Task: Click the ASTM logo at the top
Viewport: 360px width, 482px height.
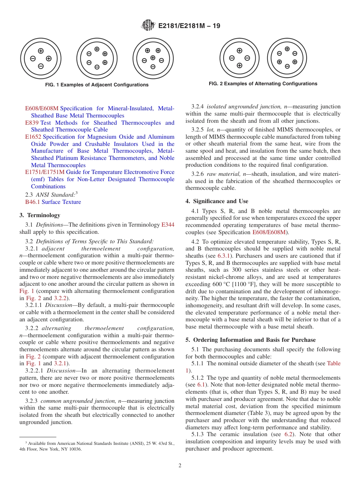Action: coord(148,26)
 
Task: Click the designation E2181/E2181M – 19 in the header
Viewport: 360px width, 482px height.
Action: coord(189,26)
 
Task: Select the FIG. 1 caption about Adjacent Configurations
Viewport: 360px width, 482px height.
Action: coord(97,85)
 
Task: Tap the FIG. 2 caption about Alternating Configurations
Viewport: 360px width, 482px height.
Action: coord(263,84)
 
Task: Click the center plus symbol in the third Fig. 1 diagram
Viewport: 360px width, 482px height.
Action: coord(153,58)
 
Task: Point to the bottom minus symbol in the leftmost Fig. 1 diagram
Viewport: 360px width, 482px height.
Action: coord(41,66)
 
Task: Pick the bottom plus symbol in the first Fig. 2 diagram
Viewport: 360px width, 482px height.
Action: coord(239,65)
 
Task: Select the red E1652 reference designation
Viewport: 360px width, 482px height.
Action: coord(33,137)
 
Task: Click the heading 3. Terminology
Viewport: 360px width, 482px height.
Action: coord(40,215)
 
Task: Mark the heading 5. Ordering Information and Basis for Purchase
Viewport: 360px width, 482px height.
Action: coord(250,340)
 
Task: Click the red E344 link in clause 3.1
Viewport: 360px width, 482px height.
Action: coord(168,225)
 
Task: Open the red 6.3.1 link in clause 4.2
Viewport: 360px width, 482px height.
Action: coord(224,256)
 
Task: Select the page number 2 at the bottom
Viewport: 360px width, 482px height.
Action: coord(180,466)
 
